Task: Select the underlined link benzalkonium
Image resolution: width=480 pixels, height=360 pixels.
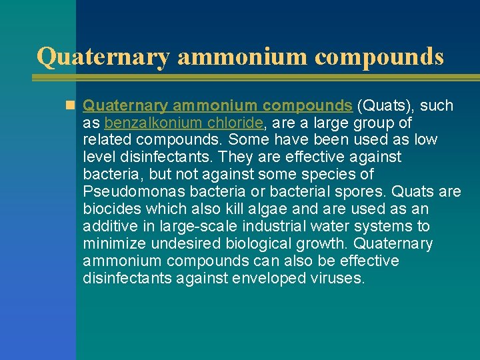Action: (x=145, y=123)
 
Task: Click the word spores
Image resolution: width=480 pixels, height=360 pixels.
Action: (x=361, y=192)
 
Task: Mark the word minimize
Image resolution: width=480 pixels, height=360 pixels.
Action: (x=114, y=244)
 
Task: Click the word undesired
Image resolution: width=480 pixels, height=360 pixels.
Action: (x=185, y=244)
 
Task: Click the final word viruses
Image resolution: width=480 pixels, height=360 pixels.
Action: (x=339, y=278)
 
